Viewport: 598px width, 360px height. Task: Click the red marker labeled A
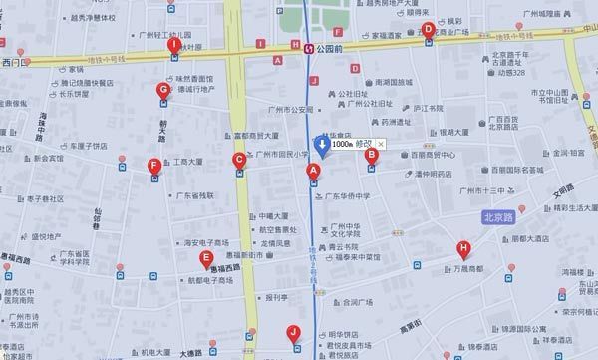coord(313,172)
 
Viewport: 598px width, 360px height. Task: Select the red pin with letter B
coord(371,155)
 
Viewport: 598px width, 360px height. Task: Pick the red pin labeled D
coord(428,30)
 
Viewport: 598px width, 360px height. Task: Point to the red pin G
coord(163,91)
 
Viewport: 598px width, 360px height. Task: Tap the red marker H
coord(462,248)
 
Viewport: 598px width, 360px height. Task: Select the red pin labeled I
coord(174,45)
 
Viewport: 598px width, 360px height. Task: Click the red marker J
coord(293,333)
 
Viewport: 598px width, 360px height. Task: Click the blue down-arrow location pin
coord(322,146)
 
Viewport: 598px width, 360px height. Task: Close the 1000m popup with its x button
coord(381,145)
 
